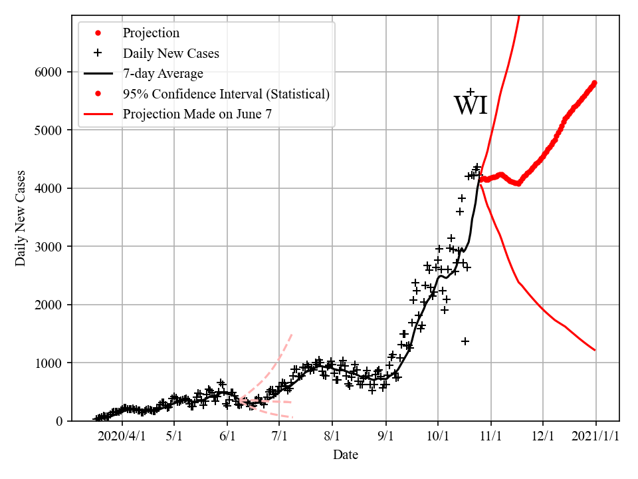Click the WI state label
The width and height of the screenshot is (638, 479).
471,106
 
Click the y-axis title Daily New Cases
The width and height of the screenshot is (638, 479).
21,217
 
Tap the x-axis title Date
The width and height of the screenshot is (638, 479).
346,455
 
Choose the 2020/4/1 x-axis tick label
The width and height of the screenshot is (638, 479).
122,438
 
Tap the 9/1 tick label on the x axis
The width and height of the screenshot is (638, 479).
385,438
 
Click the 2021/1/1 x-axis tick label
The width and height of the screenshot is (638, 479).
595,438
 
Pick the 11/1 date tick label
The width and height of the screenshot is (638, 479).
490,438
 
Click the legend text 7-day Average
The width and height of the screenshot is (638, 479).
163,74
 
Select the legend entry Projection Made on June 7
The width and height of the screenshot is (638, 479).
197,114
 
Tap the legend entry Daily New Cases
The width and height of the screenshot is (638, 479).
171,53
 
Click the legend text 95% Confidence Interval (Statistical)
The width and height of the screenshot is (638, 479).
226,94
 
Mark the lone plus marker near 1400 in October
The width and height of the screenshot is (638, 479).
465,341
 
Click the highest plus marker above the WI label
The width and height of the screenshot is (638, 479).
470,92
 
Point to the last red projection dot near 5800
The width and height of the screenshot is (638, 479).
595,83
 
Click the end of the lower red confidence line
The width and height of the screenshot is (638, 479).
595,350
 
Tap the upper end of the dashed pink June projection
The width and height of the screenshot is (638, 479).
292,333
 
